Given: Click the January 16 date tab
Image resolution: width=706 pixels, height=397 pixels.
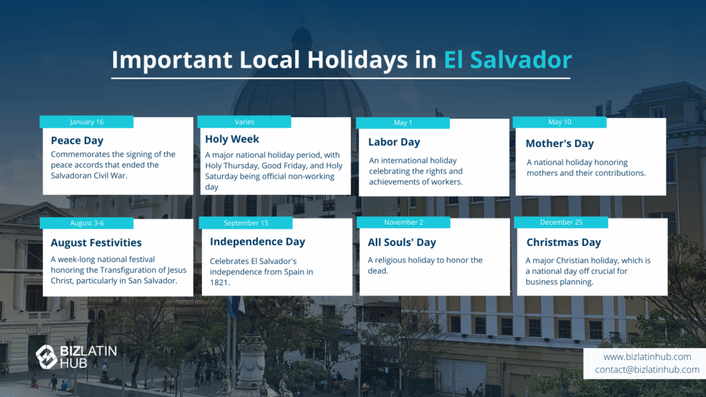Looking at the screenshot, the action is tap(86, 122).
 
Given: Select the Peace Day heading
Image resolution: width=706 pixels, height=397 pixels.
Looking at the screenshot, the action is tap(77, 141).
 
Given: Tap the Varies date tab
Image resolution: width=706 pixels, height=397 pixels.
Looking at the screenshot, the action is tap(244, 122).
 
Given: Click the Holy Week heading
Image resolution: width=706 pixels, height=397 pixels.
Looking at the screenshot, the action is tap(232, 139).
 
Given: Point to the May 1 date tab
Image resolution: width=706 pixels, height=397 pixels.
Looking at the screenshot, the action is tap(403, 123).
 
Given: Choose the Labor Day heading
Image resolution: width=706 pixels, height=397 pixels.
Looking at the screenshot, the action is tap(394, 142).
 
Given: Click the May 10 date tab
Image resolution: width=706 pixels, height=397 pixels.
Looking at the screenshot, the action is tap(560, 122).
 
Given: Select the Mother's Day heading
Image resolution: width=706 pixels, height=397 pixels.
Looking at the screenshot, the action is tap(560, 143).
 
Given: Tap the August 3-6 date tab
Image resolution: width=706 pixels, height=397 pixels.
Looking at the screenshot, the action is tap(86, 223).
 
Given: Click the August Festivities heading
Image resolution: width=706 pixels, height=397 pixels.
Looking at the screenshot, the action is tap(96, 243).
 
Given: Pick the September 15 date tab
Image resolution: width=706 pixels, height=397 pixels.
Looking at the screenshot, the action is tap(246, 223).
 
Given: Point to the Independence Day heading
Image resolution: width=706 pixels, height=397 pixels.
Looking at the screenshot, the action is tap(258, 242).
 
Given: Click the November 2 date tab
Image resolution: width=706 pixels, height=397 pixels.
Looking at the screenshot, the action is tap(403, 223).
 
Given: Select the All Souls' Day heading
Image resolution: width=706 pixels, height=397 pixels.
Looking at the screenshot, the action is tap(402, 243).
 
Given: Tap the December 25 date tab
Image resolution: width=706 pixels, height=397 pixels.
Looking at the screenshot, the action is tap(561, 223).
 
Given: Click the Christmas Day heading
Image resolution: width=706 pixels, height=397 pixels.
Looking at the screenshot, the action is tap(564, 243).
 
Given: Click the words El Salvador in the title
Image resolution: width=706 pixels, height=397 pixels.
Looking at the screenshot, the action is tap(508, 59).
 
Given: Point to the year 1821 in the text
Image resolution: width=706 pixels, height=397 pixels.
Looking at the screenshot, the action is tap(220, 283).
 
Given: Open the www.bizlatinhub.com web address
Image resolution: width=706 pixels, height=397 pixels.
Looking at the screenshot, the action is tap(647, 357).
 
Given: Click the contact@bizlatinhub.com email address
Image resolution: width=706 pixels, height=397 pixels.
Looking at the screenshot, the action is tap(647, 369).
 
